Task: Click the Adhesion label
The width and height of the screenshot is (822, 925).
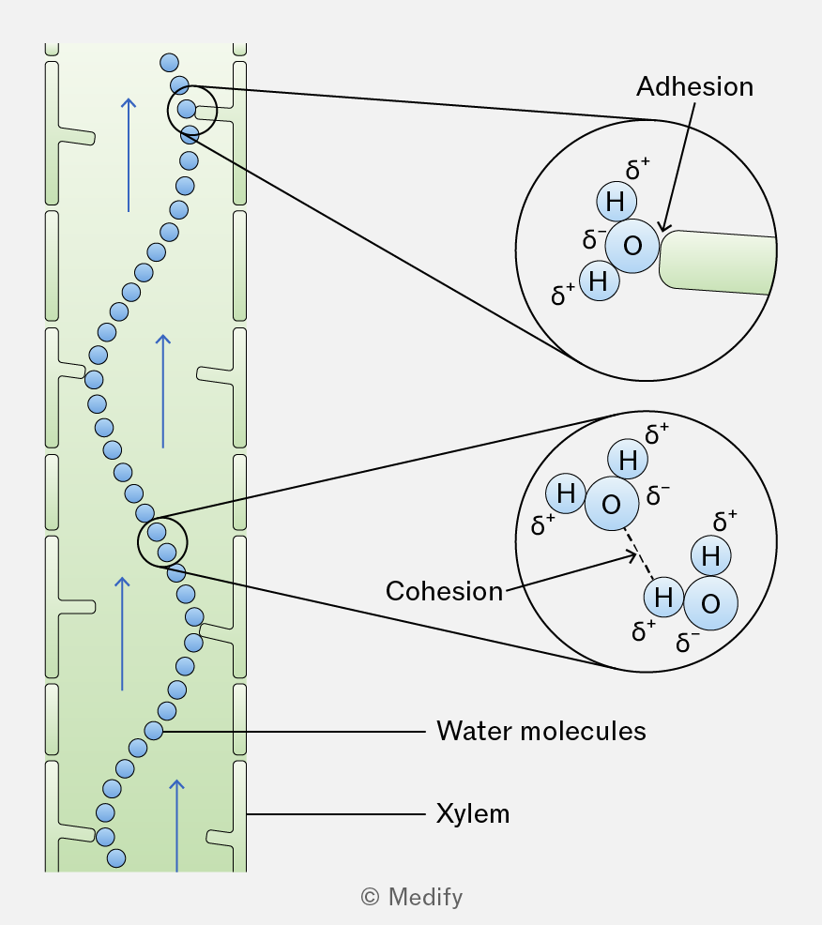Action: tap(694, 86)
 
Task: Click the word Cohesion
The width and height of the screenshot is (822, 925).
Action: tap(444, 591)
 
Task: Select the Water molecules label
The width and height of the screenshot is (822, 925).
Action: tap(541, 731)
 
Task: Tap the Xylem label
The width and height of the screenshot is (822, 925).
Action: tap(473, 814)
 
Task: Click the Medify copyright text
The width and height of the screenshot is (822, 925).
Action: tap(412, 897)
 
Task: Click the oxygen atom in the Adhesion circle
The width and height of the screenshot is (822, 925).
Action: tap(632, 246)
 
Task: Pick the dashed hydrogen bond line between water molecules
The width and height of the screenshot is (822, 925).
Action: tap(639, 553)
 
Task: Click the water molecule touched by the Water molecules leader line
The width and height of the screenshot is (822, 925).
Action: tap(154, 731)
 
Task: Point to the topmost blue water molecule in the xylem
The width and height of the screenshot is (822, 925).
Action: tap(169, 63)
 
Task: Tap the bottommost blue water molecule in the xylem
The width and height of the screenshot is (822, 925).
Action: tap(116, 857)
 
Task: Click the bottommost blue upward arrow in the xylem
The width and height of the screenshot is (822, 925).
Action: tap(176, 826)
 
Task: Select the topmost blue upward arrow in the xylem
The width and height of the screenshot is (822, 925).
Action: tap(129, 155)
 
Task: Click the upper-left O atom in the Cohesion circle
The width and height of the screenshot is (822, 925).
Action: tap(612, 503)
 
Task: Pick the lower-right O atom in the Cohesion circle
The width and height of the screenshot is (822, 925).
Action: tap(710, 603)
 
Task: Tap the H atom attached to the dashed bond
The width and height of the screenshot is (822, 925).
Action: tap(663, 598)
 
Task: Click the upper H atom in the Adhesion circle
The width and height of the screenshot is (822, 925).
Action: tap(616, 202)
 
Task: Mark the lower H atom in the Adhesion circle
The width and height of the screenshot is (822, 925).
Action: tap(600, 281)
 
